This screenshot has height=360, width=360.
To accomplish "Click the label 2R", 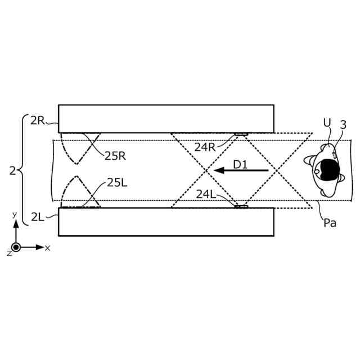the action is [x=38, y=120].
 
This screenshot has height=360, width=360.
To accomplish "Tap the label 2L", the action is [x=38, y=217].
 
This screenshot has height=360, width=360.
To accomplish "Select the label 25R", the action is [x=115, y=156].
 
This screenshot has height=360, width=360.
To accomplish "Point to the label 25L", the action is [x=117, y=183].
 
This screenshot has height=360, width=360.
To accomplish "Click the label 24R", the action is [x=205, y=147].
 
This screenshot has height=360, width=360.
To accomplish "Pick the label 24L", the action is [x=206, y=195].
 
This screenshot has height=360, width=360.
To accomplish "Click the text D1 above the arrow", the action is [x=240, y=165].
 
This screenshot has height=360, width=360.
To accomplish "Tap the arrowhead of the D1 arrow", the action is [x=219, y=170].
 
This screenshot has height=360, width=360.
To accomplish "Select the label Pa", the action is [x=330, y=223].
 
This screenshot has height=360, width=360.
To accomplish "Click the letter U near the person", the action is [x=327, y=123].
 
